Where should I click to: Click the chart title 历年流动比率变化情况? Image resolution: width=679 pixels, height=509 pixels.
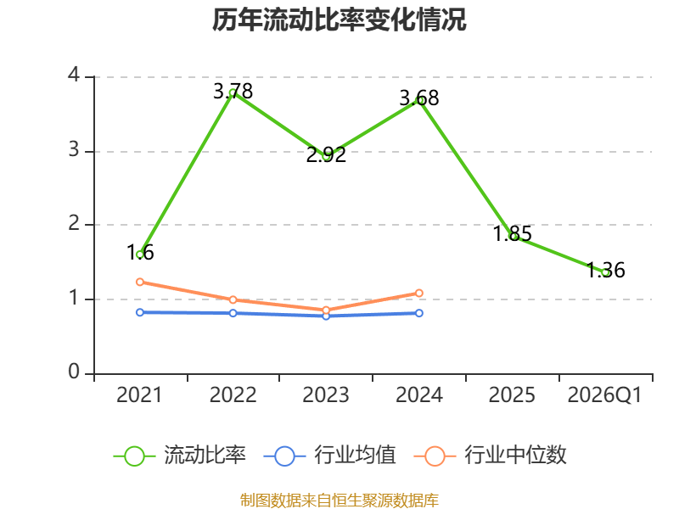(x=339, y=20)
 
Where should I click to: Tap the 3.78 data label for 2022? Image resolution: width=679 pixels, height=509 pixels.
(x=233, y=92)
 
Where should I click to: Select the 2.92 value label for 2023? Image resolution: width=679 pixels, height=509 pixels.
(x=326, y=155)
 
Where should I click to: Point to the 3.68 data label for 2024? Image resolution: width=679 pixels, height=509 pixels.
(x=419, y=98)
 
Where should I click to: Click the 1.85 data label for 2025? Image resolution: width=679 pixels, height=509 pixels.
(x=513, y=234)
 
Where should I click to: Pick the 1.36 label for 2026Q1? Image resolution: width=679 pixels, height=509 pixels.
(x=605, y=271)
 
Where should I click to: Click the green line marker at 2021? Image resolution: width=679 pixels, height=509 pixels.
(x=140, y=255)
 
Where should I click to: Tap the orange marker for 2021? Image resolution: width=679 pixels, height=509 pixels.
(x=140, y=282)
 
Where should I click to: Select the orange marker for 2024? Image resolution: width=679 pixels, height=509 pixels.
(x=419, y=294)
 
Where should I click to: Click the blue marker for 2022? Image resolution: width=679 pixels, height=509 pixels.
(x=233, y=313)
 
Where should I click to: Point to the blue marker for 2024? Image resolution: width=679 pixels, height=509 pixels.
(x=419, y=313)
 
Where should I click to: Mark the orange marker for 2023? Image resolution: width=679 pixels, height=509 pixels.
(x=326, y=310)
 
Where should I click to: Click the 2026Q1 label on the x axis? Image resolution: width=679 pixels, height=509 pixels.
(x=604, y=395)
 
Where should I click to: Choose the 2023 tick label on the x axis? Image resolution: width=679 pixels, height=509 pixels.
(x=326, y=395)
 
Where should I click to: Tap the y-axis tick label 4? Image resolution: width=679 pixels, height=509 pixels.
(x=74, y=76)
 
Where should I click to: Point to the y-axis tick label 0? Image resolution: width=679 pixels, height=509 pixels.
(x=74, y=372)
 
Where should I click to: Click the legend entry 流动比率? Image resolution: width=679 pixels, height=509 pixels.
(x=180, y=456)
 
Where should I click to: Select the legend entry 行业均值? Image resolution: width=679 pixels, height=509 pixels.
(x=329, y=456)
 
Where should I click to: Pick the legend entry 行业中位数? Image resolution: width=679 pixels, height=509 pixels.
(x=491, y=456)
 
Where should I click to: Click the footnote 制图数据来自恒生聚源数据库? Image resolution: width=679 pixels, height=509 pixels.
(x=339, y=501)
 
